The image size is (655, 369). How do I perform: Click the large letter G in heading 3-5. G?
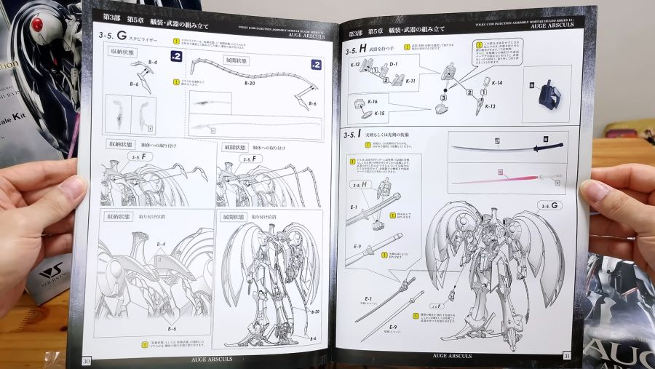point(122,36)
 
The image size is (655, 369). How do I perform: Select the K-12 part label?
point(355,65)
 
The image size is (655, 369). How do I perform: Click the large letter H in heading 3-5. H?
point(362,50)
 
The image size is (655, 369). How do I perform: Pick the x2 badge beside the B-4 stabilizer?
point(175,56)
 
